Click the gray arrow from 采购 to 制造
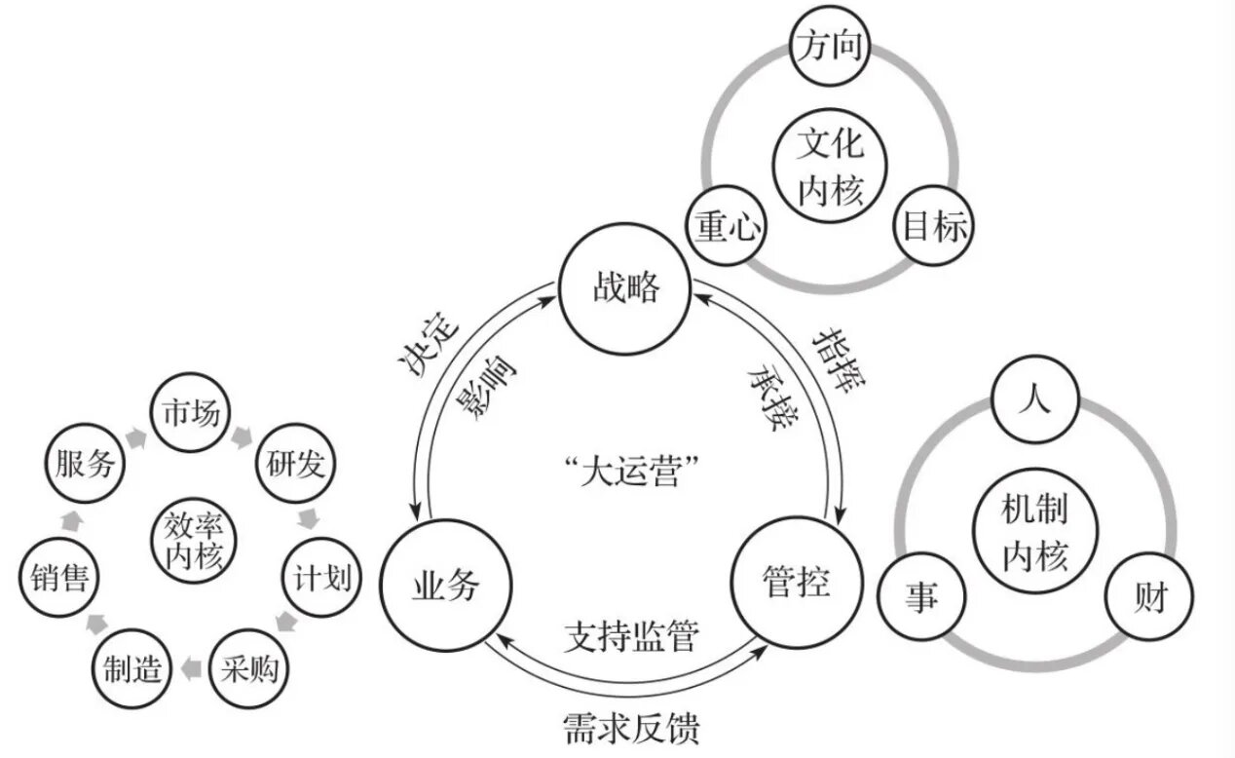pos(191,668)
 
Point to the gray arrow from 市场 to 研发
pos(242,436)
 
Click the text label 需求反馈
pos(631,728)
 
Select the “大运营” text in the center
pos(631,470)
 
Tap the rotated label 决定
pos(428,344)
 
